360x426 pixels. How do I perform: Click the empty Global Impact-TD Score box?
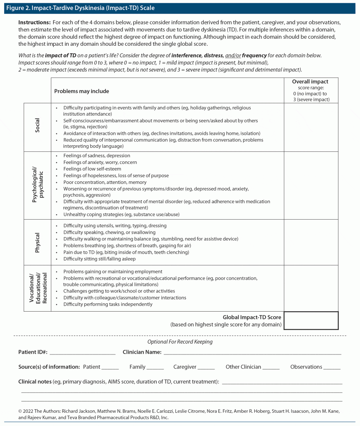311,320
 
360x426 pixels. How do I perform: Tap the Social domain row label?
37,125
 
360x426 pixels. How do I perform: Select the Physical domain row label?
37,242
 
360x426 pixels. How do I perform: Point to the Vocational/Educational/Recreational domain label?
37,288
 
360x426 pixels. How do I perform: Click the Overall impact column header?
310,90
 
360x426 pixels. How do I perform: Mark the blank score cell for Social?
311,126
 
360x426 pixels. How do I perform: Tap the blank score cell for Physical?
311,242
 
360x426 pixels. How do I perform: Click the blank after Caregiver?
206,367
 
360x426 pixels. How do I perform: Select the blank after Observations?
332,367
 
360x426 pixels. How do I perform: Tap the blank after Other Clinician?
271,367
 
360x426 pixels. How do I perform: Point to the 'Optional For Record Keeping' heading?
180,342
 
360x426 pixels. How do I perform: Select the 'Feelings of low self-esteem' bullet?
92,169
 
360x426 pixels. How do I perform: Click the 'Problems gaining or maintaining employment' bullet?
113,272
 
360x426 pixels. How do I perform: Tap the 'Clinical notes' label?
35,381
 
